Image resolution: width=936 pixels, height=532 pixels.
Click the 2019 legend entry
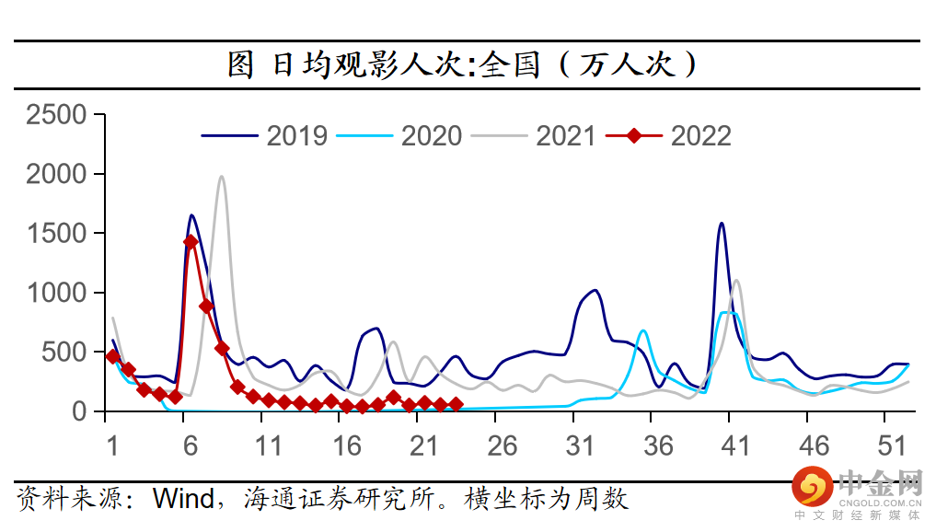296,136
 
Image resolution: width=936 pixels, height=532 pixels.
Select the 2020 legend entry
431,136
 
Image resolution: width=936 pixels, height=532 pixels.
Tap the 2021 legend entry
565,136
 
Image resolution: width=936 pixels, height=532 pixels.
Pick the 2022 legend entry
700,136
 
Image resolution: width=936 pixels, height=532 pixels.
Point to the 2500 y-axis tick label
57,115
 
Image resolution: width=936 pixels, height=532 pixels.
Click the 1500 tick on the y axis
57,234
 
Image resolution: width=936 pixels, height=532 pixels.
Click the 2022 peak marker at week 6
191,242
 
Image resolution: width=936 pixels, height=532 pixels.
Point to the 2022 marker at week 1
112,356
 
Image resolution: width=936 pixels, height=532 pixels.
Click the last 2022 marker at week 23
456,404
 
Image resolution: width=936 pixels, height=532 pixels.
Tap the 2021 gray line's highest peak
221,177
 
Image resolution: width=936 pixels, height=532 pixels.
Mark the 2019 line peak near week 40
721,223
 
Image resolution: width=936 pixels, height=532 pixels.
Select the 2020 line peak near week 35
642,330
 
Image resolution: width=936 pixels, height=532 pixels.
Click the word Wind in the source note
183,499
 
